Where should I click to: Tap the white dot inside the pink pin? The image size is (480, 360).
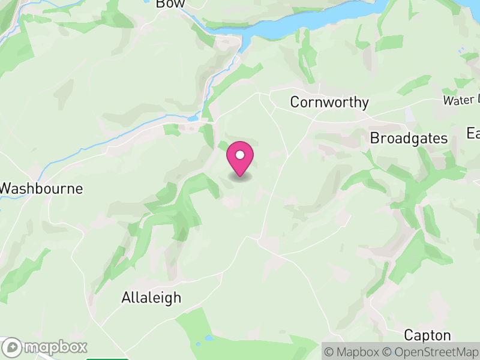coord(240,155)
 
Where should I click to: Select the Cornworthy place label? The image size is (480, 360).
coord(329,103)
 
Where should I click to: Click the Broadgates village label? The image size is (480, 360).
coord(409,139)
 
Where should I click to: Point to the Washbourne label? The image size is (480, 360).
coord(41,188)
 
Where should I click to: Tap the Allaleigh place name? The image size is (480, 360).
coord(151,298)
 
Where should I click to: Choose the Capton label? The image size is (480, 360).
coord(427,335)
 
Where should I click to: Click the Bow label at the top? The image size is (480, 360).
coord(169,4)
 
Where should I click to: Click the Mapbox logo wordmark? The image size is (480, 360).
coord(56,347)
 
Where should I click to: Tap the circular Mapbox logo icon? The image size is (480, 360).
coord(13,347)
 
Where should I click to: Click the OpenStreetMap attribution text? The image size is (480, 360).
coord(431,352)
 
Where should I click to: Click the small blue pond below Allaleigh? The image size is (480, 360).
coord(208,338)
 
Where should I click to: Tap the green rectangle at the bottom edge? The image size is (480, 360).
coord(107,359)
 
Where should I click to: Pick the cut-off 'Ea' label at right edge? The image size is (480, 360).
coord(473,133)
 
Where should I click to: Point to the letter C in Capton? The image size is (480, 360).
coord(409,335)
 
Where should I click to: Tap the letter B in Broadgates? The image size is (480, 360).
coord(374,139)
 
